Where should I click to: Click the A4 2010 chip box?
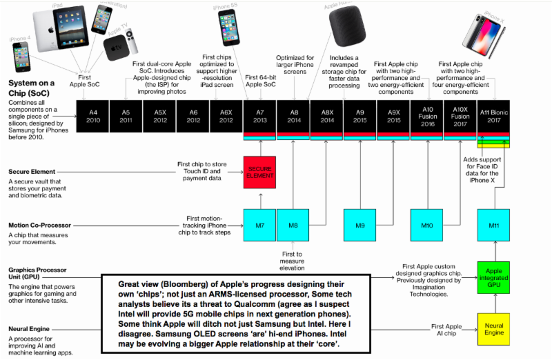pyautogui.click(x=92, y=115)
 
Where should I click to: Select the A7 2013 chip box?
pyautogui.click(x=260, y=115)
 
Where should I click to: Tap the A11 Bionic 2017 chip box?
pyautogui.click(x=495, y=115)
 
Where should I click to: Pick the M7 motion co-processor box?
pyautogui.click(x=260, y=224)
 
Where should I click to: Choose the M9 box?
pyautogui.click(x=361, y=224)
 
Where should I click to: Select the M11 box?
pyautogui.click(x=495, y=224)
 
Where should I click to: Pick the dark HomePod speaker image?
pyautogui.click(x=342, y=28)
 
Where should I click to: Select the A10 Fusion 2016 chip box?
pyautogui.click(x=428, y=115)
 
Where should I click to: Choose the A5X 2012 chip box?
pyautogui.click(x=159, y=115)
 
